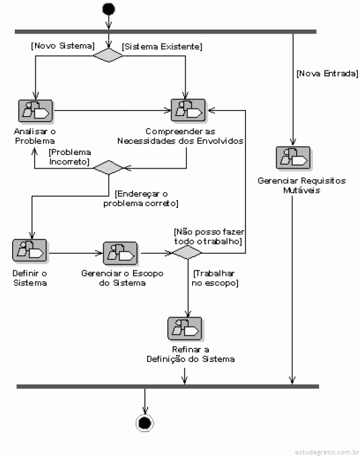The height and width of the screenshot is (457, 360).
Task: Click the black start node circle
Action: click(x=109, y=9)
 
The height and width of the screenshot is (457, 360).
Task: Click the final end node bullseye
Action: click(x=144, y=423)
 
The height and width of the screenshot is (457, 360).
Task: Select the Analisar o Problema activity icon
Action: click(x=36, y=111)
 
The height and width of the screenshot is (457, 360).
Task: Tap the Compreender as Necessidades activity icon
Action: click(x=188, y=111)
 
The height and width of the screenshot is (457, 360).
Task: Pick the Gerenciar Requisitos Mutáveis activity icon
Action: click(x=294, y=158)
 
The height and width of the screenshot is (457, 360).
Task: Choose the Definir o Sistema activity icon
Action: click(x=30, y=250)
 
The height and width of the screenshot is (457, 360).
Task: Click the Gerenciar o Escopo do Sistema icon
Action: click(x=120, y=253)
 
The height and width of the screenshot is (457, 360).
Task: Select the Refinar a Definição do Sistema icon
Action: click(x=185, y=328)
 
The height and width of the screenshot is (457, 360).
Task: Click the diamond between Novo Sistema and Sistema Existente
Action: click(x=108, y=55)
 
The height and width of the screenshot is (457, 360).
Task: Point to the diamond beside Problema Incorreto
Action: click(x=108, y=167)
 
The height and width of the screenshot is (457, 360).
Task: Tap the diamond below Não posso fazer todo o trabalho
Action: click(x=187, y=252)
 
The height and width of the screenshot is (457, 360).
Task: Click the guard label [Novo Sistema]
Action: click(x=62, y=46)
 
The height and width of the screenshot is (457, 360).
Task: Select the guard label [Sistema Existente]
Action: click(x=162, y=46)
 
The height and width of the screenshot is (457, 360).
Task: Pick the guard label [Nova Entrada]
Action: click(x=327, y=73)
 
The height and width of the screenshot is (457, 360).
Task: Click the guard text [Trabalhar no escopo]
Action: click(x=215, y=278)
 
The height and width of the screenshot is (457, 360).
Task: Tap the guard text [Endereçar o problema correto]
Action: click(x=141, y=199)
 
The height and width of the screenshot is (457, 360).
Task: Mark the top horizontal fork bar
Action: click(x=166, y=32)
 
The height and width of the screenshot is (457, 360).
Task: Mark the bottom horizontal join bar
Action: click(x=168, y=387)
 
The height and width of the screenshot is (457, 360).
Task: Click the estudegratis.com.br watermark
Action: click(x=326, y=452)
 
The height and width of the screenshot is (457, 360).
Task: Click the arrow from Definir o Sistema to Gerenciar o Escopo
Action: click(x=75, y=253)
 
